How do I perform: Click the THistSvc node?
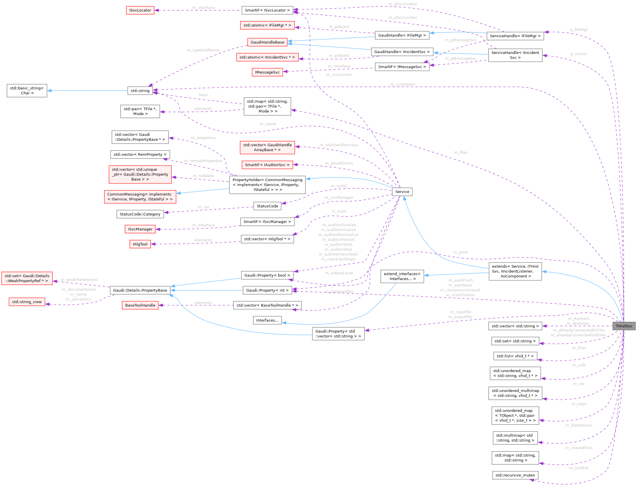coord(624,326)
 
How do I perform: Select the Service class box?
coord(402,192)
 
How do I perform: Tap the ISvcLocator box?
coord(140,10)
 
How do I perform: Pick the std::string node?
coord(140,91)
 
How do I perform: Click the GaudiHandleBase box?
coord(267,42)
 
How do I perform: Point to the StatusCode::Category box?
coord(140,214)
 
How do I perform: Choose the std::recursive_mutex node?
coord(515,475)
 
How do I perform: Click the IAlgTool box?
coord(140,244)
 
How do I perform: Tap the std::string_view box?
coord(27,302)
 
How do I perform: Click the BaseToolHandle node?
coord(140,305)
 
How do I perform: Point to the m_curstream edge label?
coord(403,85)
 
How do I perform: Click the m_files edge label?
coord(460,153)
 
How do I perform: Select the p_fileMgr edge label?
coord(579,29)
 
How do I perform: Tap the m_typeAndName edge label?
coord(203,50)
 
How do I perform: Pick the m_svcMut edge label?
coord(578,468)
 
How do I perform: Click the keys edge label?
coord(203,95)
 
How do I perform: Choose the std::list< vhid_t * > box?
coord(515,356)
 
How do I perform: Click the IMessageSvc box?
coord(267,72)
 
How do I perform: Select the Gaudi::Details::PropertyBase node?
coord(140,290)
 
